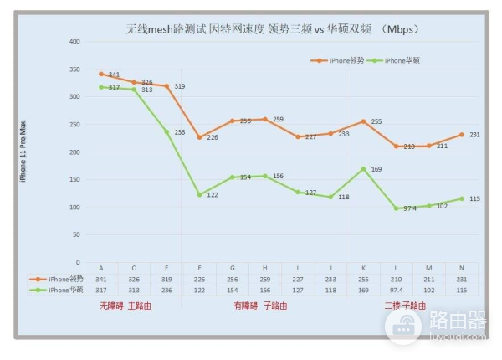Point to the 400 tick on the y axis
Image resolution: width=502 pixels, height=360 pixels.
coord(74,41)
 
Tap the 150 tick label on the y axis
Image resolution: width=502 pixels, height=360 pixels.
coord(74,179)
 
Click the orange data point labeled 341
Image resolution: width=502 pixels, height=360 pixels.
coord(101,74)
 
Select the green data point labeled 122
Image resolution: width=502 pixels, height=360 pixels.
coord(199,194)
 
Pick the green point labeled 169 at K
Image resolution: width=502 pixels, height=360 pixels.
coord(363,168)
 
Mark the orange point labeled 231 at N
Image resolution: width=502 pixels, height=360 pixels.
coord(461,134)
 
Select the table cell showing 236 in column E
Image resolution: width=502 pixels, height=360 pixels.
coord(166,290)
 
